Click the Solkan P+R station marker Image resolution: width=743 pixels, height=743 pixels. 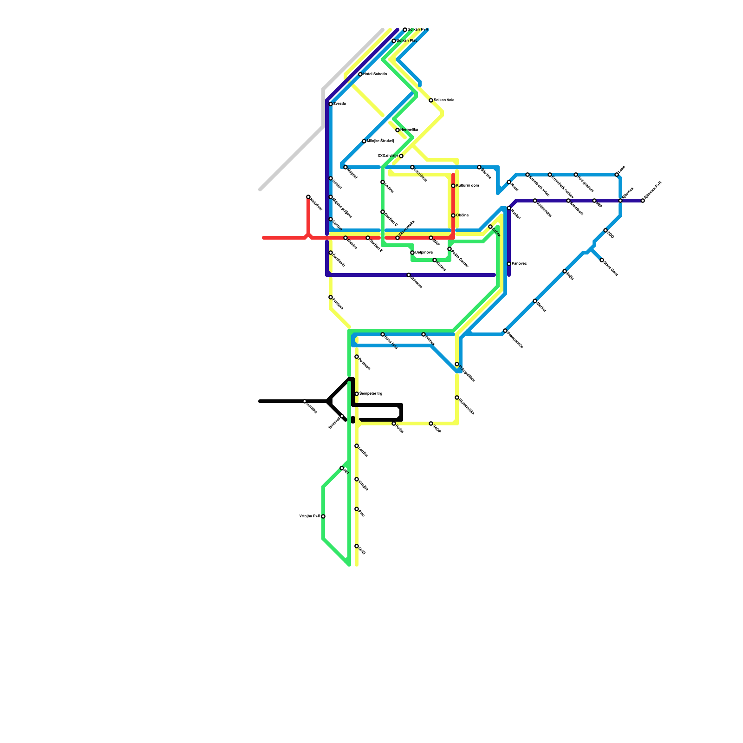point(405,30)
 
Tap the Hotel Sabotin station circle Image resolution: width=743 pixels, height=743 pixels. point(360,74)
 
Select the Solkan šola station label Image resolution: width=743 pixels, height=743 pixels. point(444,100)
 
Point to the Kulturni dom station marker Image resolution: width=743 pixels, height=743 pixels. point(453,186)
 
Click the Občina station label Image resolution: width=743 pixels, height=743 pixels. point(463,215)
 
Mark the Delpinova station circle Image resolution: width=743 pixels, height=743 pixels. point(412,253)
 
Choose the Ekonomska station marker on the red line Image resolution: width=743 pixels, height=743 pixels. point(398,238)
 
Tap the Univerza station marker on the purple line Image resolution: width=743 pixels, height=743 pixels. point(409,275)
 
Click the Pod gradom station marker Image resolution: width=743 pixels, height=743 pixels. point(576,175)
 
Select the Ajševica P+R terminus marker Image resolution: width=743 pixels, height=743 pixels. point(643,201)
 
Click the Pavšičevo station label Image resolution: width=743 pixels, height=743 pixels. point(520,264)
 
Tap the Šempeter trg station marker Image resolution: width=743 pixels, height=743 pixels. point(357,394)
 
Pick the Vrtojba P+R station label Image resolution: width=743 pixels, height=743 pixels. point(310,516)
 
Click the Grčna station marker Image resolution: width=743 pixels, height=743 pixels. point(490,227)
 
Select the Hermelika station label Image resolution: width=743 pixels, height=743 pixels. point(409,130)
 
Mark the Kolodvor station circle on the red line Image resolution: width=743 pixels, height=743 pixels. point(308,197)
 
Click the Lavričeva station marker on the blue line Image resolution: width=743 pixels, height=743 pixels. point(412,167)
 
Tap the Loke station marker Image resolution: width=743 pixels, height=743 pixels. point(617,175)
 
